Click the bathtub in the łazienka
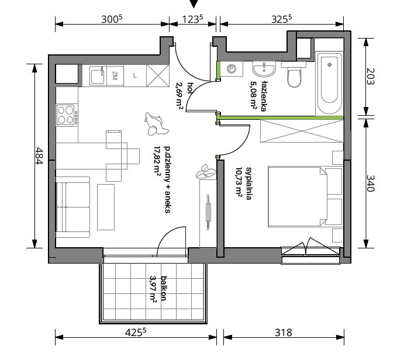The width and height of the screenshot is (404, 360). (x=330, y=83)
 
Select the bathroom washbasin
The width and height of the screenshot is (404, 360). (x=264, y=69)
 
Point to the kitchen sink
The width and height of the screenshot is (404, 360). (x=98, y=75)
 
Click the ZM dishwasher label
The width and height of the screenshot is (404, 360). (x=115, y=75)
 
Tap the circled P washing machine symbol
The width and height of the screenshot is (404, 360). (x=232, y=69)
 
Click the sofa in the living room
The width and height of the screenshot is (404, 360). (x=73, y=207)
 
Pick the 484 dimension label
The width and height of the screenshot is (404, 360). (x=39, y=155)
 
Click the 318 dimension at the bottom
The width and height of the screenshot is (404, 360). (x=284, y=332)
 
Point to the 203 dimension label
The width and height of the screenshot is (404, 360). (x=370, y=76)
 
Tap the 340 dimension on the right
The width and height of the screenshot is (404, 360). (x=370, y=183)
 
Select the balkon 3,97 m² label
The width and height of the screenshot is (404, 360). (x=158, y=289)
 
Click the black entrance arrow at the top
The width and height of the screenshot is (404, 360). (x=194, y=4)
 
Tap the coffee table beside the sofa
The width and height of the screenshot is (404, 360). (x=106, y=207)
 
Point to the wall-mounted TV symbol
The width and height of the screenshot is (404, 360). (x=208, y=213)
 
